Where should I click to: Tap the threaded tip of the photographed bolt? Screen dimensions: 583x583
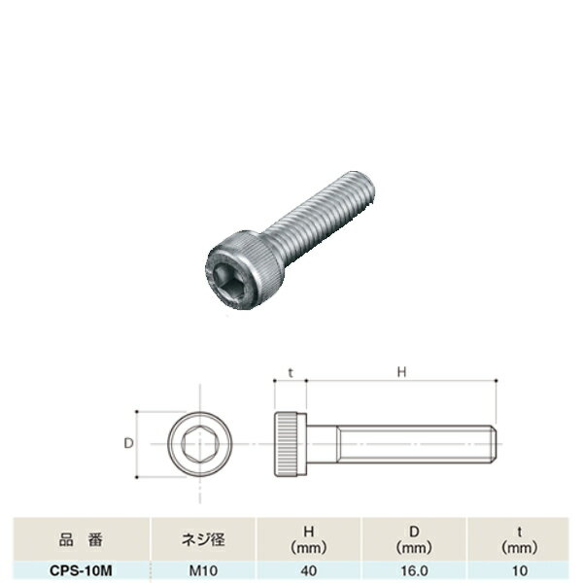pos(359,189)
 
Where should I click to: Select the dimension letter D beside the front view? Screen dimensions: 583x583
pos(128,443)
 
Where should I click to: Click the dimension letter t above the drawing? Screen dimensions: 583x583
pos(291,372)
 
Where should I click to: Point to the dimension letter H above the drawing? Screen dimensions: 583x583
pos(401,372)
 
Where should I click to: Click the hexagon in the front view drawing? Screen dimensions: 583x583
pos(200,444)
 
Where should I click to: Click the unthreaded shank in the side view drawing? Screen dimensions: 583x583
pos(322,444)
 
